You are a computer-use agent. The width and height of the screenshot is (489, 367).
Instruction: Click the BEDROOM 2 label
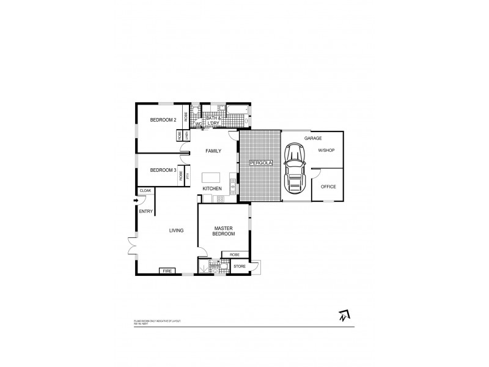[163, 120]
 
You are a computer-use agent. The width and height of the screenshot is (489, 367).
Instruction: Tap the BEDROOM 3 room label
[163, 169]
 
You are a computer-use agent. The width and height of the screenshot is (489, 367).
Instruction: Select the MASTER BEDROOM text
[224, 230]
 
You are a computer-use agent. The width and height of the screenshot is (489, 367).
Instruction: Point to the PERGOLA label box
[259, 163]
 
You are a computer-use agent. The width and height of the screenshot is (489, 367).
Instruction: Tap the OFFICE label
[328, 187]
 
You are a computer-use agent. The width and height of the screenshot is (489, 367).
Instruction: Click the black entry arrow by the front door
[136, 200]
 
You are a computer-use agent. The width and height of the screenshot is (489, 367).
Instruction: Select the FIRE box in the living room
[167, 271]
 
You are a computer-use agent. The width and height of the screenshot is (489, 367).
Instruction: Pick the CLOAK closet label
[145, 191]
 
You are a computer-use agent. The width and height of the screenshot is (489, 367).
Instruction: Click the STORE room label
[239, 266]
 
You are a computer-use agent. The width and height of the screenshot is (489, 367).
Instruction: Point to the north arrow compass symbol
[344, 316]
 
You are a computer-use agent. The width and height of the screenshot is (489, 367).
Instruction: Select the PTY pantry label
[188, 176]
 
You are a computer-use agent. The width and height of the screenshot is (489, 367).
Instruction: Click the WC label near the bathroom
[198, 124]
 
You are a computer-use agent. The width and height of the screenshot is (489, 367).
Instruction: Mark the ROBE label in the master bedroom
[235, 254]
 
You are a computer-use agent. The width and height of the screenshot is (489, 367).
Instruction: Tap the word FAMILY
[213, 150]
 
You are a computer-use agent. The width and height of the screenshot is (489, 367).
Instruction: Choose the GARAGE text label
[313, 139]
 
